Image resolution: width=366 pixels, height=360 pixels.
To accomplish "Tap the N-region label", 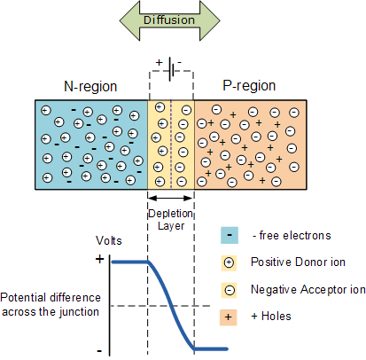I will (x=86, y=86).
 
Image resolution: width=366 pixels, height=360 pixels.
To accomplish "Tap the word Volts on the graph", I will (x=111, y=241).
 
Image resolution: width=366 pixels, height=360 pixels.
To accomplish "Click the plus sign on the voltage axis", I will (x=99, y=260).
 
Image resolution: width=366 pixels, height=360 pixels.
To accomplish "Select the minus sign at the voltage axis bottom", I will (x=99, y=348).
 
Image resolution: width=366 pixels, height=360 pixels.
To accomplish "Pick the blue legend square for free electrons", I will (x=230, y=236).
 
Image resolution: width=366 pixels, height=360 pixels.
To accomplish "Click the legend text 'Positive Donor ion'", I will (x=298, y=262).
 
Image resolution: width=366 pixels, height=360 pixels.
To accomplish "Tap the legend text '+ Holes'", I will (x=275, y=317).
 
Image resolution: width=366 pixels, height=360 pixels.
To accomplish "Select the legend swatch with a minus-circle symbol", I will (x=230, y=289).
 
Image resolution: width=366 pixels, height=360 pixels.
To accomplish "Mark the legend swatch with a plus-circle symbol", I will (x=230, y=262).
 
